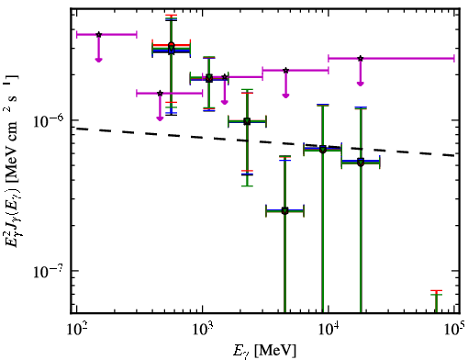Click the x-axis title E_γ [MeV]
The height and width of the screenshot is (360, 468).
[x=264, y=351]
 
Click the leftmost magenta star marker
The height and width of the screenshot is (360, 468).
[x=98, y=35]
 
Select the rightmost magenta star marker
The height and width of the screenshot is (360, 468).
[x=361, y=58]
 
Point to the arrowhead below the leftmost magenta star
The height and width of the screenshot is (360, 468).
[x=98, y=60]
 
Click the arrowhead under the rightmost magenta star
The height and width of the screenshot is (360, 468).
[x=361, y=84]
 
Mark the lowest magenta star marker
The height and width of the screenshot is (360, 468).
[x=160, y=93]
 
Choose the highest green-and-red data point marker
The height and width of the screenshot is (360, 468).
[x=172, y=46]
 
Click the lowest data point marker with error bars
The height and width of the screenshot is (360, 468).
[x=285, y=211]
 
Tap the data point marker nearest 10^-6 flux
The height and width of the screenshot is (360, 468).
[x=247, y=121]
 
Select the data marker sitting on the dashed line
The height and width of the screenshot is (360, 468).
[x=323, y=150]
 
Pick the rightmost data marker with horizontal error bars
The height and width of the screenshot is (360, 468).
[x=361, y=163]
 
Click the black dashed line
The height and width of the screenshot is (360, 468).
[x=265, y=142]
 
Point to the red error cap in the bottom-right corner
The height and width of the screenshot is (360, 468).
[x=436, y=290]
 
